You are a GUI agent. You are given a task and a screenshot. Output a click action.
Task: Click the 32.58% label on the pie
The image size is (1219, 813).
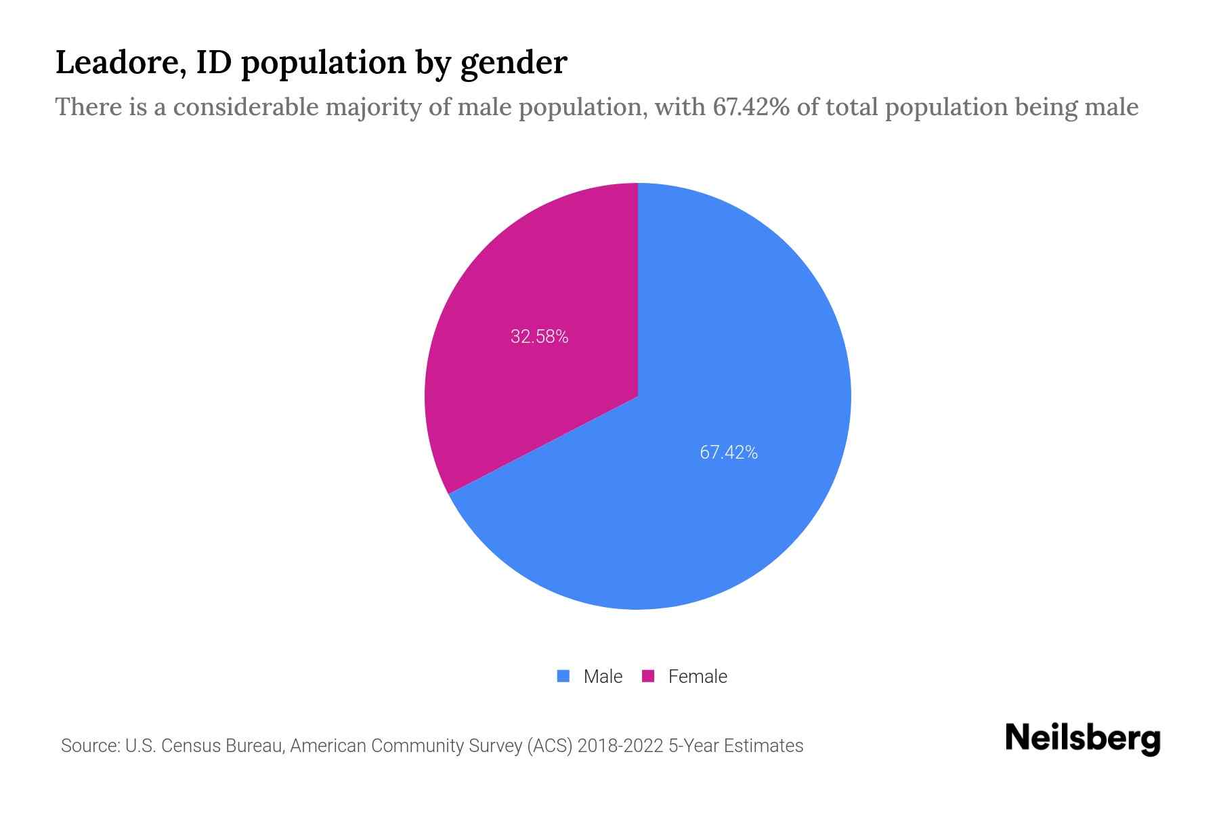[539, 336]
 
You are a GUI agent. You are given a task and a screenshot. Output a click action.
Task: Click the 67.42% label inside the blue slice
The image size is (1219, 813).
[728, 452]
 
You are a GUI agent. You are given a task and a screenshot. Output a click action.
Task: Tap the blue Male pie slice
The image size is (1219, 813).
[711, 515]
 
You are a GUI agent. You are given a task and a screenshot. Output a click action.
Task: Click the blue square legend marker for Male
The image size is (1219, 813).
[563, 676]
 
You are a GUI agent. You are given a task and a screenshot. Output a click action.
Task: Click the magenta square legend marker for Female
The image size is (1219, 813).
[648, 676]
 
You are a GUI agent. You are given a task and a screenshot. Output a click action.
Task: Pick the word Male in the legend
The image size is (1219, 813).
[603, 676]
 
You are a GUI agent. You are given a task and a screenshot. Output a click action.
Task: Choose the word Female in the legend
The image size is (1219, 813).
[698, 676]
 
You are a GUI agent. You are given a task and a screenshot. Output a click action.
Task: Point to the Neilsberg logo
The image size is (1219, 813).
[1082, 738]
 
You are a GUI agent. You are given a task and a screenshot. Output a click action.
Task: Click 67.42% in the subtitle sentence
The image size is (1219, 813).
[750, 107]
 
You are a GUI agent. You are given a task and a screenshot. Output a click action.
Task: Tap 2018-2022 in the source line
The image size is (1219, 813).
[620, 746]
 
